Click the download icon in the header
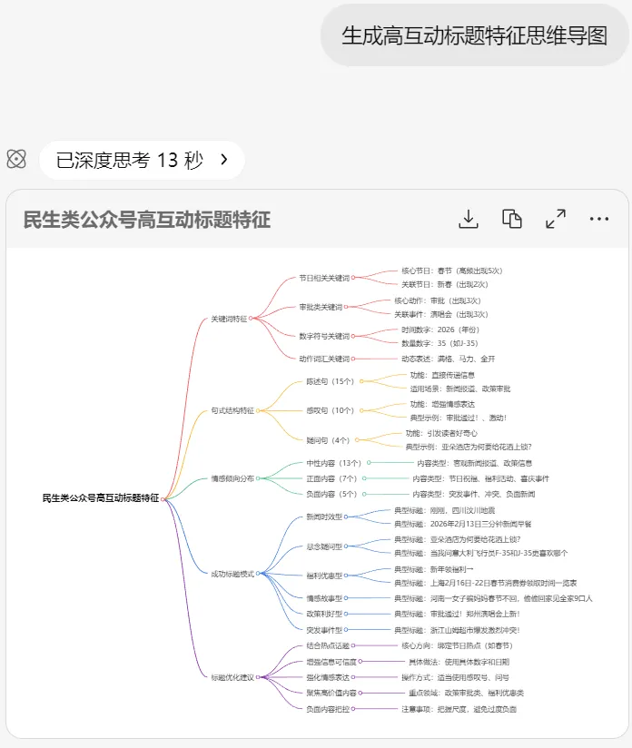(x=469, y=219)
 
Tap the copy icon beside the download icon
(x=512, y=219)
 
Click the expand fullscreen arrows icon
(x=556, y=219)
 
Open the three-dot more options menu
(x=599, y=219)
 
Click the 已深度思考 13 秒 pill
(x=142, y=161)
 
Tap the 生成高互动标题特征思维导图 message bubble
(x=475, y=35)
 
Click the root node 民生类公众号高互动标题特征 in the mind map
(x=100, y=498)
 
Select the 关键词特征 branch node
(x=230, y=319)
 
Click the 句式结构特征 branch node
(x=233, y=410)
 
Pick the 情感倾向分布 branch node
(x=232, y=477)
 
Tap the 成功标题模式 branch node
(x=233, y=574)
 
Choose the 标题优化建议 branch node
(x=233, y=676)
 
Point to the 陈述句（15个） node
(x=330, y=381)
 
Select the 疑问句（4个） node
(x=328, y=439)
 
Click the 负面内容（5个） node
(x=331, y=494)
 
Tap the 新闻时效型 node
(x=324, y=517)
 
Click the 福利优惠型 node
(x=324, y=576)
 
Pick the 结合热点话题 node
(x=328, y=645)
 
